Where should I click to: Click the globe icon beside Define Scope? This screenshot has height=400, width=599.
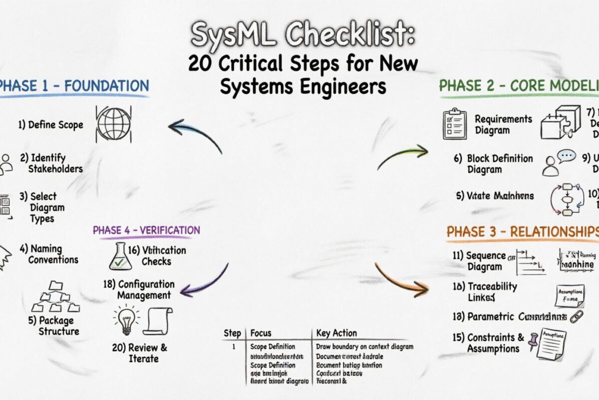coord(113,123)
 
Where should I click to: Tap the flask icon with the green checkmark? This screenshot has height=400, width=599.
coord(120,256)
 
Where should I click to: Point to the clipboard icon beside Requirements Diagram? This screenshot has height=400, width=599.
coord(454,124)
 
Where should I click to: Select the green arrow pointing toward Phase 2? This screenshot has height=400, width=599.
coord(402,155)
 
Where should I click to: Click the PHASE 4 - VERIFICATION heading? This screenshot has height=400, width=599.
coord(146,230)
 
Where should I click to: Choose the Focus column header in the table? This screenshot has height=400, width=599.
coord(261,333)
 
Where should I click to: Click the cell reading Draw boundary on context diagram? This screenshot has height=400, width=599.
coord(364,346)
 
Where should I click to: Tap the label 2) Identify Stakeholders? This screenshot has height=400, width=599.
coord(51,163)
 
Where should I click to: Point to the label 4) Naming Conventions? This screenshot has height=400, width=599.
coord(49,254)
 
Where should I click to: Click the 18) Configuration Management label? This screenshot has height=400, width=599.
coord(139,290)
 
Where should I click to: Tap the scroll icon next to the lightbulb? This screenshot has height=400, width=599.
coord(158,321)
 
